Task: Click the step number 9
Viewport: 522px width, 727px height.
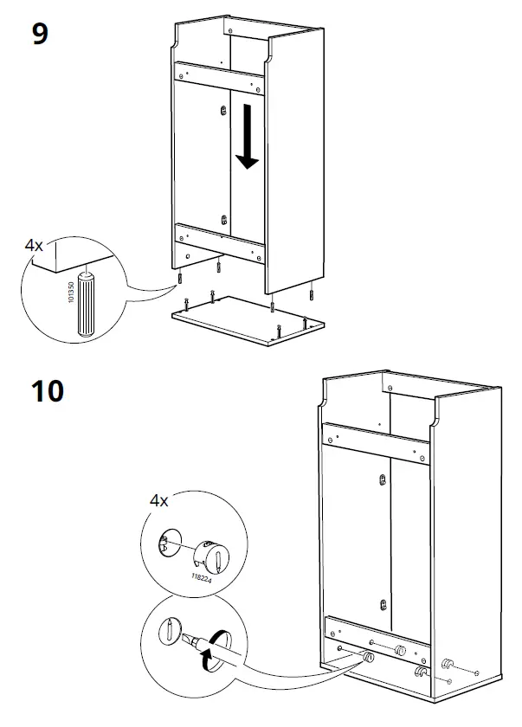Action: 38,35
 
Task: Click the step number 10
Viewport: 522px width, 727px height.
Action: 47,391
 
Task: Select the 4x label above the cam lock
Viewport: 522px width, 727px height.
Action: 158,500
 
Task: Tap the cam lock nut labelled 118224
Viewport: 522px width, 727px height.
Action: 211,553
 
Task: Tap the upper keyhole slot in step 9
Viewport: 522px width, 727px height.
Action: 223,110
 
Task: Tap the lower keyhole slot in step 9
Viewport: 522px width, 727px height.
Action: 223,220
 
